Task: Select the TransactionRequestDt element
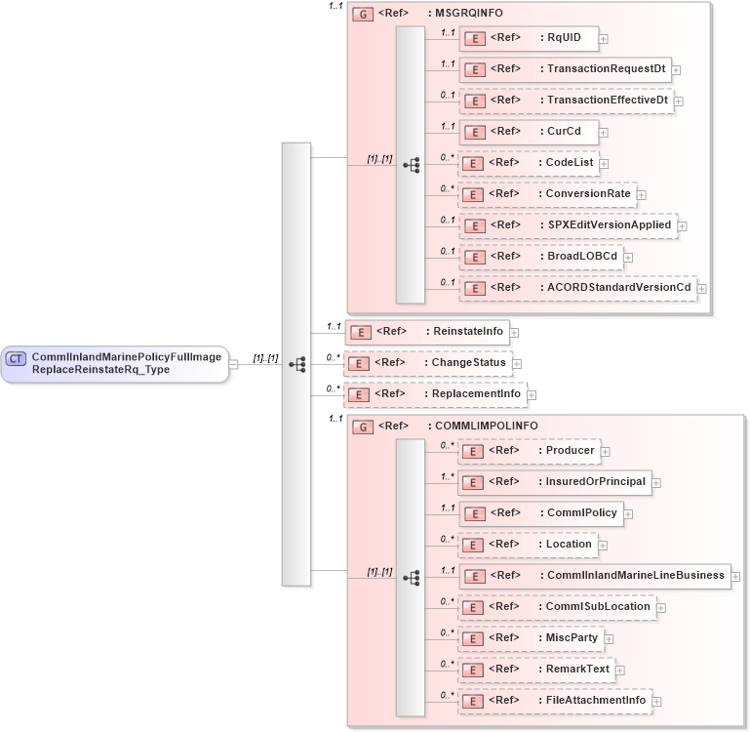click(565, 69)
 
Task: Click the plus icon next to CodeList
click(605, 164)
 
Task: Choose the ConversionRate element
click(547, 194)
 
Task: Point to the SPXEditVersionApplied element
click(568, 225)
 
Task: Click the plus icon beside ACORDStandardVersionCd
click(701, 289)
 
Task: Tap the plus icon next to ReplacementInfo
click(533, 395)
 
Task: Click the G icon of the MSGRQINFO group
click(361, 16)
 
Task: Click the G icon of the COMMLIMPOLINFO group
click(361, 427)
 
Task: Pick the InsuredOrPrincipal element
click(555, 482)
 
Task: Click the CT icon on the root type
click(16, 359)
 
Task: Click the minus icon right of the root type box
click(233, 364)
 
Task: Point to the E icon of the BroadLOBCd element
click(473, 257)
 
